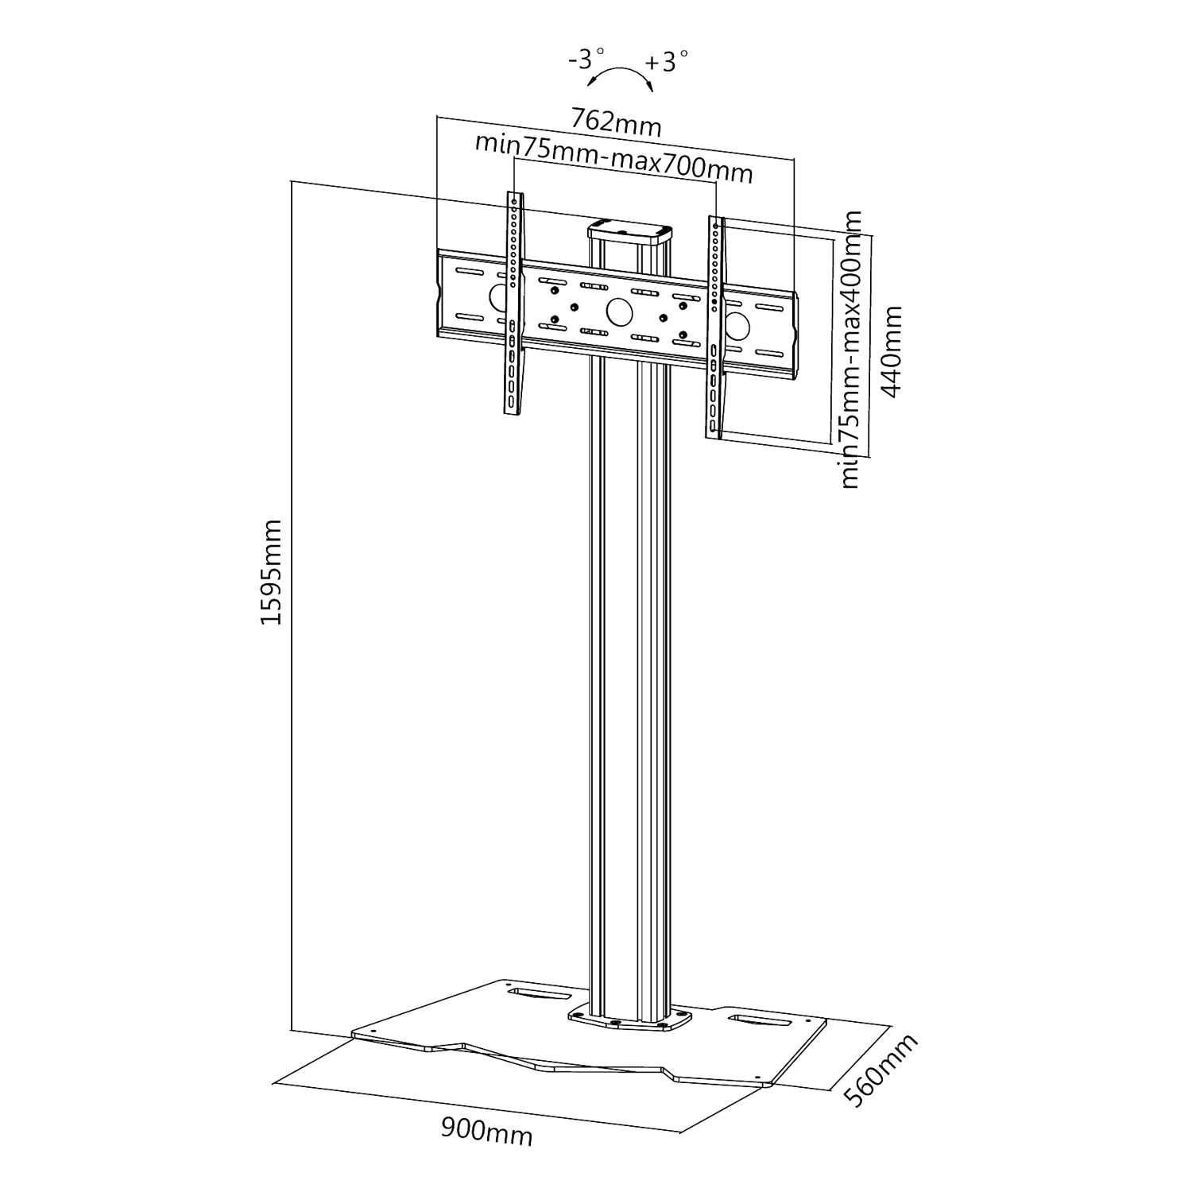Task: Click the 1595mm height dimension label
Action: pyautogui.click(x=272, y=571)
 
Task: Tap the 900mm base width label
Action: pyautogui.click(x=486, y=1132)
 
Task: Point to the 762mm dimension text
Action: pyautogui.click(x=616, y=122)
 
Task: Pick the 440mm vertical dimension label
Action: pyautogui.click(x=892, y=352)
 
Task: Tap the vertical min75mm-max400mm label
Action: pyautogui.click(x=850, y=350)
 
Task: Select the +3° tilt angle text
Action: pyautogui.click(x=666, y=60)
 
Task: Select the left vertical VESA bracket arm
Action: pyautogui.click(x=514, y=302)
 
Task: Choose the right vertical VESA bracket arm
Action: pyautogui.click(x=715, y=326)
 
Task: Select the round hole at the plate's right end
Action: pyautogui.click(x=736, y=326)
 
